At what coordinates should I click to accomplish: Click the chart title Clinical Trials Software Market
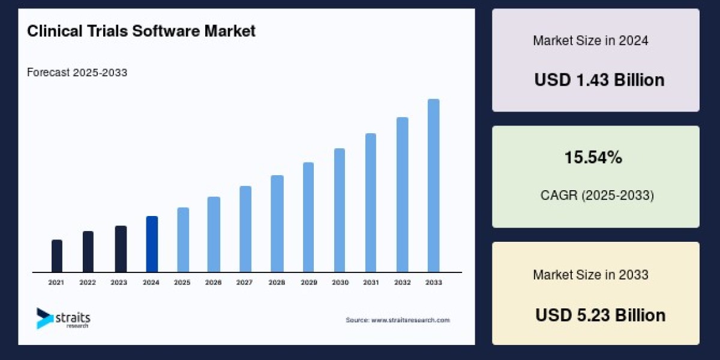point(141,31)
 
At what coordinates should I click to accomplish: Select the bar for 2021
point(57,256)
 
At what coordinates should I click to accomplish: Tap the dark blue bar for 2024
point(152,244)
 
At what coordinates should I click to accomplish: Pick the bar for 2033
point(433,185)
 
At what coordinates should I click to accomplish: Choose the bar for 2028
point(277,224)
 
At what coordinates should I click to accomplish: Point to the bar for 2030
point(340,210)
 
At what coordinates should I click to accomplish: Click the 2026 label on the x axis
point(214,282)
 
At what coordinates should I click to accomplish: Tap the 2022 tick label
point(88,282)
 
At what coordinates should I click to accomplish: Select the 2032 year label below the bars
point(402,282)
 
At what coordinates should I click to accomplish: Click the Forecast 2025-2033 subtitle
point(77,73)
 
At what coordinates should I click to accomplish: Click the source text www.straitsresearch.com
point(397,320)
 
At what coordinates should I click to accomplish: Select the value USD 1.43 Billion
point(599,80)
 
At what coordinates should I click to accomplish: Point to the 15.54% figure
point(593,158)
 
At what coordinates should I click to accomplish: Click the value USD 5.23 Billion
point(600,315)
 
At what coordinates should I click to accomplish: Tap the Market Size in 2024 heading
point(590,41)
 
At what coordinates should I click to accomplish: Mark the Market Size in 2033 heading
point(590,275)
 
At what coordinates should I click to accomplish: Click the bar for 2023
point(121,249)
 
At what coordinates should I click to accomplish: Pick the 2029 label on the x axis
point(308,282)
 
